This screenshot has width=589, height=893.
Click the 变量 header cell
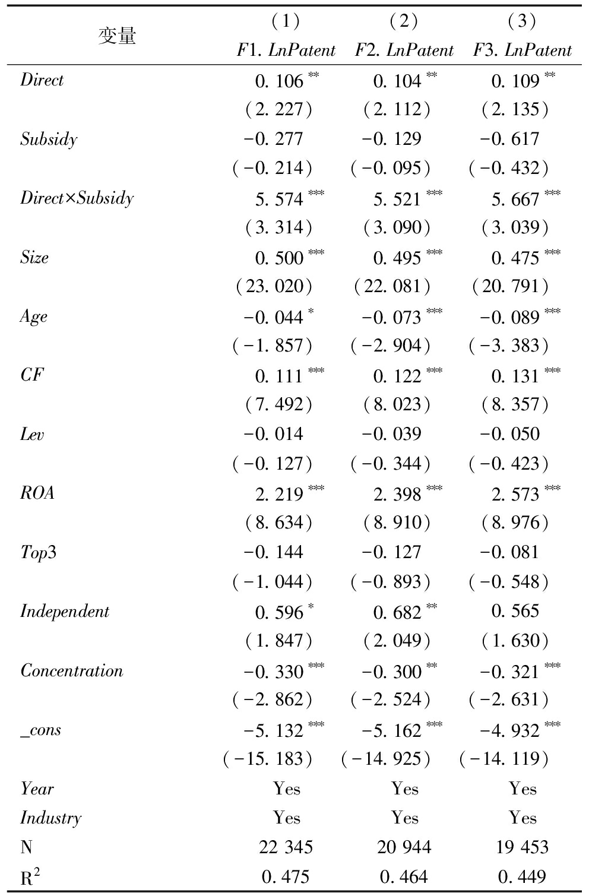117,36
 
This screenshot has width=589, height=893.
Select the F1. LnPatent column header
286,50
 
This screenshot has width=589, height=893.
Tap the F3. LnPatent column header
522,50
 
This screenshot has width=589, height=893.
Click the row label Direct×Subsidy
77,198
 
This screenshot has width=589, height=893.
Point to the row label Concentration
72,671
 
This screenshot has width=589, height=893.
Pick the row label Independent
65,612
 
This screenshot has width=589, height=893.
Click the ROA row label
37,493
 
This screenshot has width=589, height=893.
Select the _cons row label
41,730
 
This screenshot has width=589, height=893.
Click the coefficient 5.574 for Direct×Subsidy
279,199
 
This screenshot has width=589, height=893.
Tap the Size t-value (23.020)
274,287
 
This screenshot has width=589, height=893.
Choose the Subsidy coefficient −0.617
510,140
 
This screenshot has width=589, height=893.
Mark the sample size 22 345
286,847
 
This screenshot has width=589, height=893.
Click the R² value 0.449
522,877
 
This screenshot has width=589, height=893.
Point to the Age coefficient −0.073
392,317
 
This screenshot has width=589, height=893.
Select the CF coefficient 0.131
515,376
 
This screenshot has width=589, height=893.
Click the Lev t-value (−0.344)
390,464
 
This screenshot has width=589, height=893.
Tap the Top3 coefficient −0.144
274,552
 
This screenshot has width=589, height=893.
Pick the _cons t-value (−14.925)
386,759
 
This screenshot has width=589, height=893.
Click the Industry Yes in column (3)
522,818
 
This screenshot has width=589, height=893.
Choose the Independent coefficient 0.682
397,612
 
